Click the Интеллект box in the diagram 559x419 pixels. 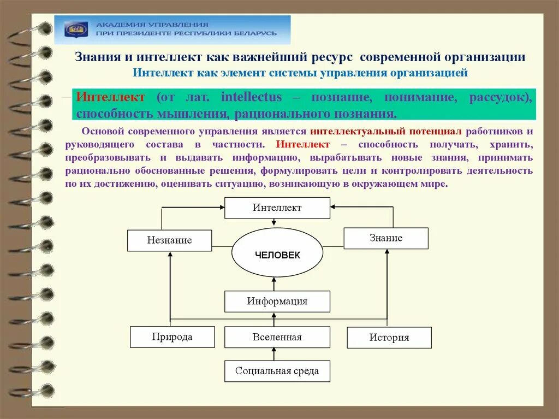pos(277,208)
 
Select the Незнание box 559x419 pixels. pos(169,240)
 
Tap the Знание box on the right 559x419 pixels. pos(385,238)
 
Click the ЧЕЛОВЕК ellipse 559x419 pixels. pos(277,255)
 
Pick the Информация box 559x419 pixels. pos(277,301)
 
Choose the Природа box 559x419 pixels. pos(172,337)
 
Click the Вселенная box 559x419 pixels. pos(277,337)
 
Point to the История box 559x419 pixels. pos(389,338)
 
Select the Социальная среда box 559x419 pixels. pos(277,371)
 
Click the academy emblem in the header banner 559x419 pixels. pos(76,29)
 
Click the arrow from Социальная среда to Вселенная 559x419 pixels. pos(274,354)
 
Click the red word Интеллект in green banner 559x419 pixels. pos(111,97)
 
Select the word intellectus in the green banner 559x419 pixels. pos(252,97)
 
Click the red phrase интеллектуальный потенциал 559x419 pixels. pos(386,132)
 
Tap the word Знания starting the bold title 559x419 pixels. pos(96,57)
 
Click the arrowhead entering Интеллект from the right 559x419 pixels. pos(334,207)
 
